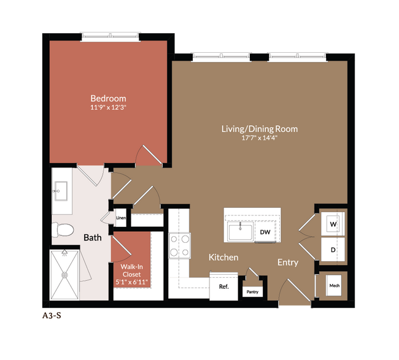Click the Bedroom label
(x=108, y=98)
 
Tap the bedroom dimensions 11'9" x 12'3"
(x=108, y=108)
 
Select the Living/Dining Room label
(x=259, y=129)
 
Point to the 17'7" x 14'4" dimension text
(x=259, y=138)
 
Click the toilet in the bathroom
(x=62, y=229)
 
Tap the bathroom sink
(x=61, y=191)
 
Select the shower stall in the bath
(x=64, y=274)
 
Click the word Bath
(x=93, y=237)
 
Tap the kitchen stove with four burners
(x=180, y=245)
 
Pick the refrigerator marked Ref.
(x=223, y=286)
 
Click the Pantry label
(x=253, y=292)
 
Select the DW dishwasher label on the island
(x=265, y=232)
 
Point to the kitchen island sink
(x=240, y=232)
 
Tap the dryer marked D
(x=333, y=250)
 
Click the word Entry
(x=287, y=262)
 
